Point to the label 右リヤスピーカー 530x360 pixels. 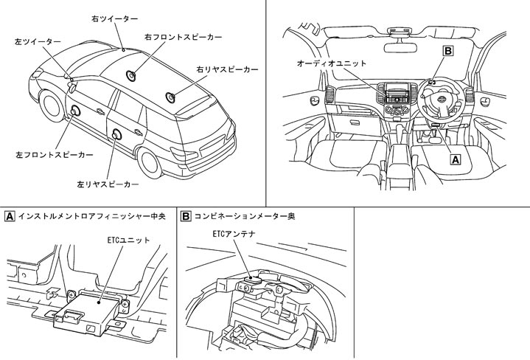(x=227, y=69)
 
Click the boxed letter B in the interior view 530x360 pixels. (x=447, y=51)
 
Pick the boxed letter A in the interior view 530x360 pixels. (x=455, y=158)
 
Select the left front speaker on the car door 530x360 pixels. (x=76, y=111)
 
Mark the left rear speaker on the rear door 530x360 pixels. (x=118, y=136)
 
